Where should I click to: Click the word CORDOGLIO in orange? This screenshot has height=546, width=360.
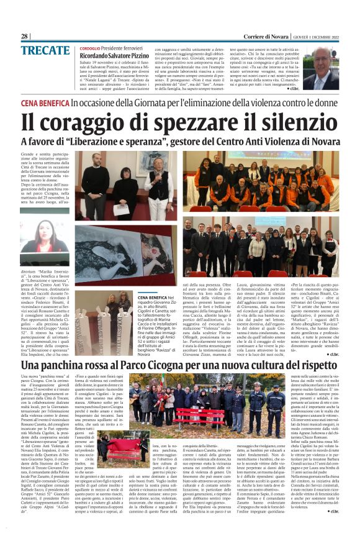(90, 48)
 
